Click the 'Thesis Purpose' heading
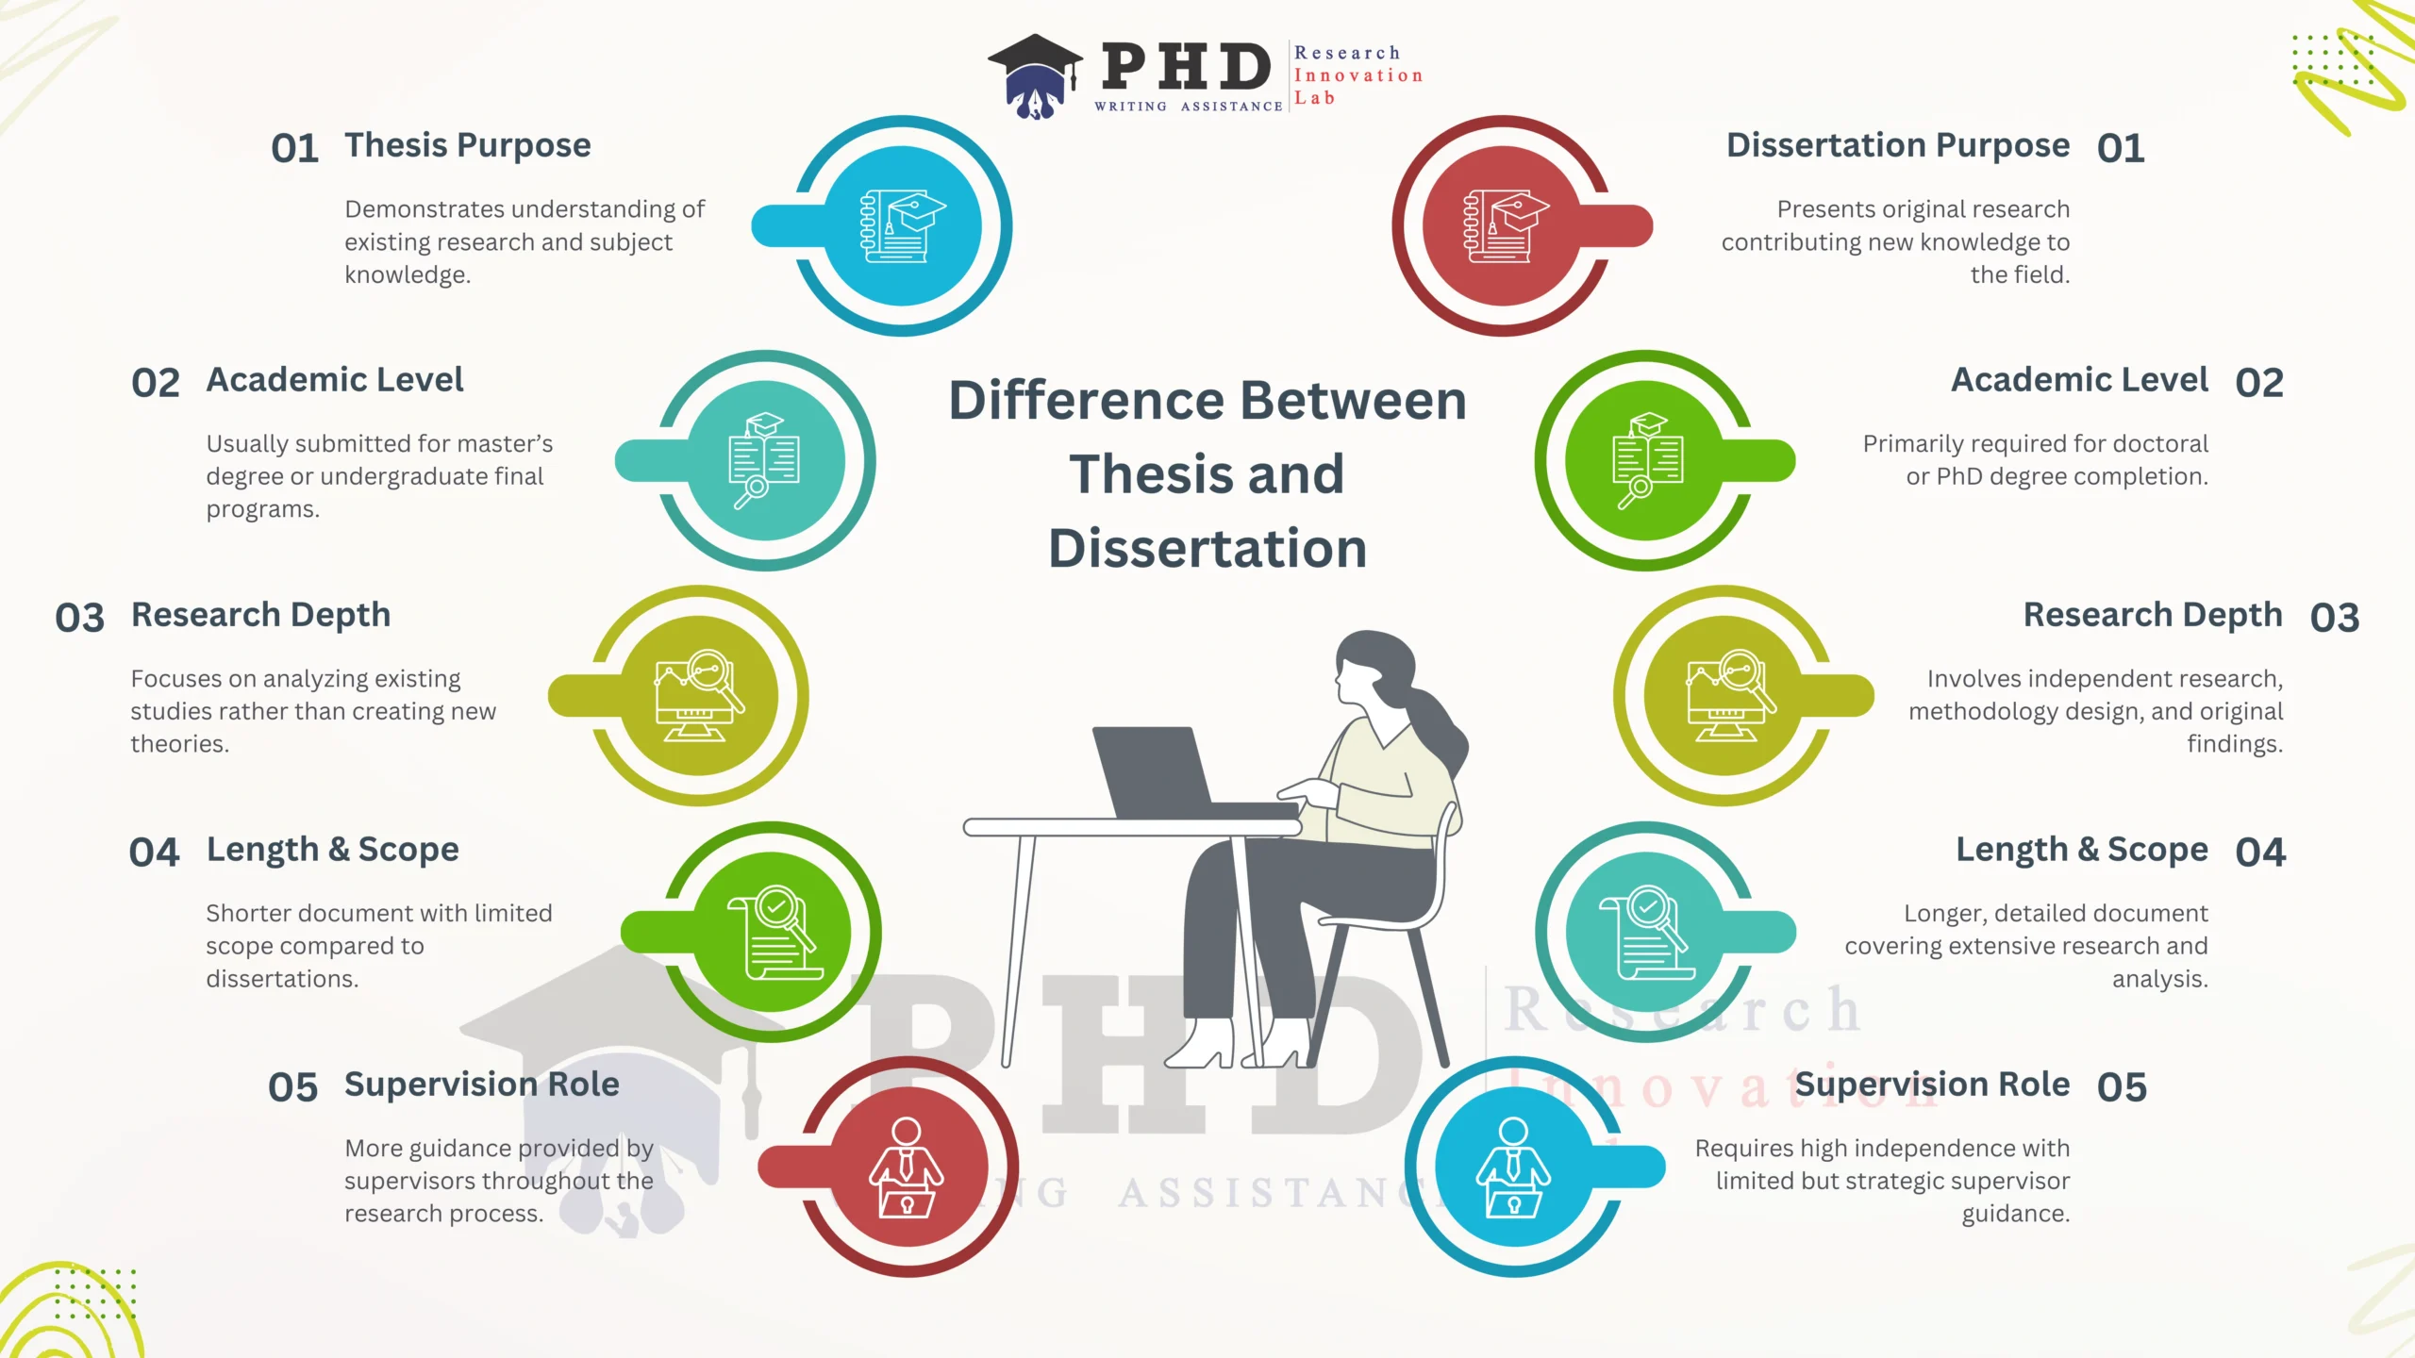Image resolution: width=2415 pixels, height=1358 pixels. point(467,146)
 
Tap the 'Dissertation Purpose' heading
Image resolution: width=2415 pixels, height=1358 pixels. point(1898,146)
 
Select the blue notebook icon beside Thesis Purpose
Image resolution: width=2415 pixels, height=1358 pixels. point(903,226)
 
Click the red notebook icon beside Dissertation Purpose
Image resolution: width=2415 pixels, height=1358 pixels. point(1506,226)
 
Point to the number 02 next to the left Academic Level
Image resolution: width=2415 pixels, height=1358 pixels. point(156,383)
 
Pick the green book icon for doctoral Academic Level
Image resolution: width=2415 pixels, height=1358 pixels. point(1647,460)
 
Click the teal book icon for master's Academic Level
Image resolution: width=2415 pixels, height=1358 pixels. point(765,460)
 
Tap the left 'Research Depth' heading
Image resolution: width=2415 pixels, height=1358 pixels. point(260,615)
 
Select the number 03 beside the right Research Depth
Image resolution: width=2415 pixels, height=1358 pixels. point(2335,618)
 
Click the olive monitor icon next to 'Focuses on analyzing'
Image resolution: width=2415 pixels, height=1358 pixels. point(699,696)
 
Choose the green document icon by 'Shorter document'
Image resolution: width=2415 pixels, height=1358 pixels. point(774,932)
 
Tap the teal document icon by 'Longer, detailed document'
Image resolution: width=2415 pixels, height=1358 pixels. point(1646,932)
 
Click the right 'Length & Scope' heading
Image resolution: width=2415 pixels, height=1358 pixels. point(2082,850)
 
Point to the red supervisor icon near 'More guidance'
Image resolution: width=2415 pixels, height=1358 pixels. point(907,1168)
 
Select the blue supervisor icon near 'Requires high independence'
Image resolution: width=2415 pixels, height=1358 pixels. point(1514,1168)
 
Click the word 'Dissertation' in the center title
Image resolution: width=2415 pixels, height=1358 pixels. point(1207,549)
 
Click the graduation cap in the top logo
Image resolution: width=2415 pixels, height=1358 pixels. point(1036,75)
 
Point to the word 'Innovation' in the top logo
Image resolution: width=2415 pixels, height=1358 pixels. point(1358,75)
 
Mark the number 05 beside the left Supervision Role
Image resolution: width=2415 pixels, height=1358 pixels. point(293,1087)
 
